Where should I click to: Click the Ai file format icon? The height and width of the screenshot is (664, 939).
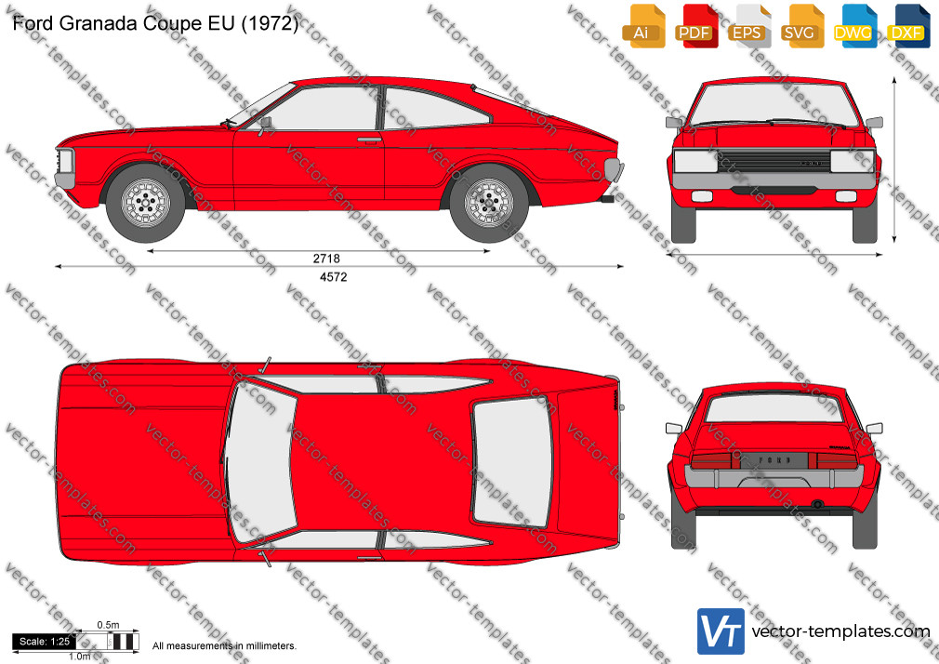(642, 25)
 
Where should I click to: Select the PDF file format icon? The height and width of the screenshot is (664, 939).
(695, 25)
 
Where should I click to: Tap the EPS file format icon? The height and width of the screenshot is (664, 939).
(748, 25)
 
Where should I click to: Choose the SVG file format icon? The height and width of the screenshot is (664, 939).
(800, 25)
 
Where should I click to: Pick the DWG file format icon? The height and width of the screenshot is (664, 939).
(854, 25)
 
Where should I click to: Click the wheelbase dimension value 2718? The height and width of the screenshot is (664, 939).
(326, 259)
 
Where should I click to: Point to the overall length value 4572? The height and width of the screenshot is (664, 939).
(334, 277)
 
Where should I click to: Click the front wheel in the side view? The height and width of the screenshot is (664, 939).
(146, 203)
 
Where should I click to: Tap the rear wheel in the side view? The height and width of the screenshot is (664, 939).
(489, 203)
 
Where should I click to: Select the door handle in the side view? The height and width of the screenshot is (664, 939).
(369, 139)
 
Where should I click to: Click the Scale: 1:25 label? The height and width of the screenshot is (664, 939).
(45, 642)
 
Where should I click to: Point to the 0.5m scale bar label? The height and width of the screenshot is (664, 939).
(109, 625)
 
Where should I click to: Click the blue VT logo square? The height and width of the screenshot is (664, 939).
(721, 631)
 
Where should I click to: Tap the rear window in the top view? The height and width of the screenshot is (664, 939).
(512, 461)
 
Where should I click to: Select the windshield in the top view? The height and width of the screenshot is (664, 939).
(261, 461)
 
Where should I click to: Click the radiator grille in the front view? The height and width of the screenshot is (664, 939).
(774, 161)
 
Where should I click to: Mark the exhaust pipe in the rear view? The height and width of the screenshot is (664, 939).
(817, 505)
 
